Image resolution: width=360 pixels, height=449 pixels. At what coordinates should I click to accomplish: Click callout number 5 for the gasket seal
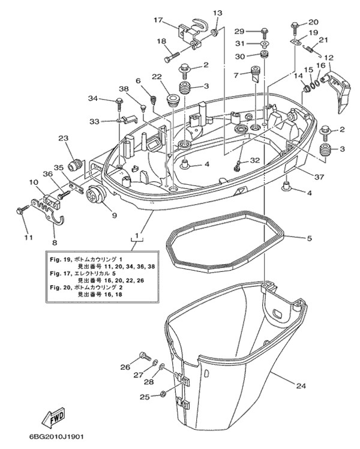[x=309, y=238]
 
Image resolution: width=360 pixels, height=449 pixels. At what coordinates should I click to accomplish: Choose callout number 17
[x=158, y=20]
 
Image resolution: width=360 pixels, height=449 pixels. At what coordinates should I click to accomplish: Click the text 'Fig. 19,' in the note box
[x=59, y=259]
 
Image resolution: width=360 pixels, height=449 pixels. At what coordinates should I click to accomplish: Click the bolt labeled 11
[x=22, y=210]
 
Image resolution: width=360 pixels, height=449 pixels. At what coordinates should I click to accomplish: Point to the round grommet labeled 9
[x=95, y=196]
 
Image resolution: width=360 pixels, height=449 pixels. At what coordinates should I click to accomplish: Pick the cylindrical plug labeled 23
[x=75, y=164]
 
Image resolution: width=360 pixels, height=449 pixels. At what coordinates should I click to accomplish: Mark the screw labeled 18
[x=171, y=59]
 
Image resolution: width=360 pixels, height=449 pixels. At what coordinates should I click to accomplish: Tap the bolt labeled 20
[x=295, y=25]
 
